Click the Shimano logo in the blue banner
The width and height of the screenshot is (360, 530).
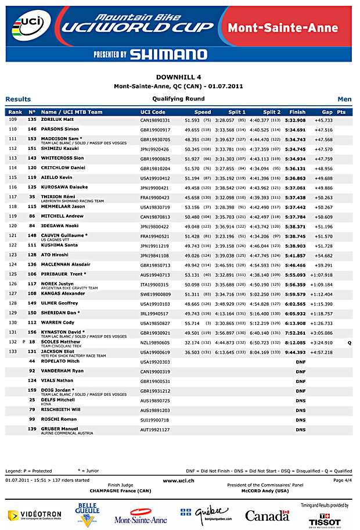(168, 55)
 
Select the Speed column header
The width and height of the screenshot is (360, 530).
(203, 112)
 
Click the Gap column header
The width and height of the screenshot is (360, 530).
(327, 112)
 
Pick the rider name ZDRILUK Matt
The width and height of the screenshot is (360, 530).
(57, 119)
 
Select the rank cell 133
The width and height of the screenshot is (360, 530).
(13, 352)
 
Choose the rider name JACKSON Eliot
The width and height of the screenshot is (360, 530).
(57, 352)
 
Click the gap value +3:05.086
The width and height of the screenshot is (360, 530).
(321, 334)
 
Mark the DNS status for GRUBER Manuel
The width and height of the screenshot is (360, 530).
(300, 429)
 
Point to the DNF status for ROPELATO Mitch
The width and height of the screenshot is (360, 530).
(300, 361)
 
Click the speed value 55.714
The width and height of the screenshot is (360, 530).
(192, 323)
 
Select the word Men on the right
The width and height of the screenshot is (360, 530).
(344, 99)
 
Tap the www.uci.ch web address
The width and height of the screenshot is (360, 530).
(178, 481)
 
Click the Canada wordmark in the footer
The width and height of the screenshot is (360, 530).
(267, 515)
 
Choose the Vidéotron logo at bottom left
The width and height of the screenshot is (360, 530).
(34, 515)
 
